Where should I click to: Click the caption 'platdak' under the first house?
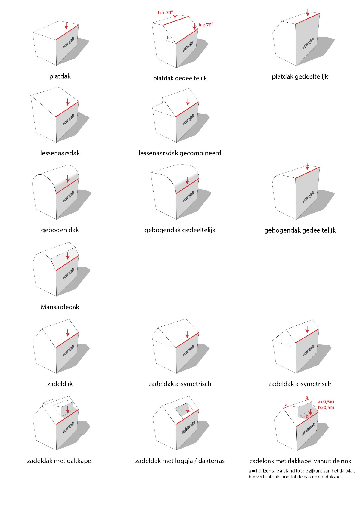[60, 76]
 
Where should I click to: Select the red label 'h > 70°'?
[165, 13]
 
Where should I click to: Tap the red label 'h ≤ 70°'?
[206, 25]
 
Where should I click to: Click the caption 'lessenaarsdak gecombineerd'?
[180, 153]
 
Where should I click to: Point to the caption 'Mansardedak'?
[60, 307]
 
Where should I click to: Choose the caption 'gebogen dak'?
[60, 230]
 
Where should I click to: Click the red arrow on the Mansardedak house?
[67, 256]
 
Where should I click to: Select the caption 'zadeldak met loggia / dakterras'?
[180, 461]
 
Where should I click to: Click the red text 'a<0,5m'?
[326, 402]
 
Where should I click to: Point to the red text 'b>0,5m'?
[326, 408]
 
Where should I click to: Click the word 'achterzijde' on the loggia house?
[188, 428]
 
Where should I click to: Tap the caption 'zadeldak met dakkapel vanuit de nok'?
[300, 461]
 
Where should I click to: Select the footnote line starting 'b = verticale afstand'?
[295, 477]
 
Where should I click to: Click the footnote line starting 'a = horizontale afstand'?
[302, 471]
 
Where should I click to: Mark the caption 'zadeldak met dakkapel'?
[60, 461]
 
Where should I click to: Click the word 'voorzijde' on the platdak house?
[68, 43]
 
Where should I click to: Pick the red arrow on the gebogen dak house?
[67, 179]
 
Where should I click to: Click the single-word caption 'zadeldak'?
[60, 384]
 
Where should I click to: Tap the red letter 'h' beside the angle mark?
[168, 38]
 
